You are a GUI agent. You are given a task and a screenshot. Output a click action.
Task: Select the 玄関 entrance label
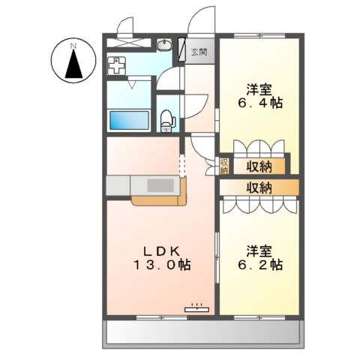[199, 52]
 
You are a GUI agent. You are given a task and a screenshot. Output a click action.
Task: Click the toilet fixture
[168, 118]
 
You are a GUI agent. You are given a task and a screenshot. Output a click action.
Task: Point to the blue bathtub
[128, 120]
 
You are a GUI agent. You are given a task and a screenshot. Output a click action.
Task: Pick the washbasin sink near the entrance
[163, 45]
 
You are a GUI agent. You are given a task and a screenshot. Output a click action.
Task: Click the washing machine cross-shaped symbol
[116, 66]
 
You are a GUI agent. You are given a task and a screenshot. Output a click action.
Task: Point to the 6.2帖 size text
[256, 265]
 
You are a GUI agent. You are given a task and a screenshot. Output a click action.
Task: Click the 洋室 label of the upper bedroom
[256, 86]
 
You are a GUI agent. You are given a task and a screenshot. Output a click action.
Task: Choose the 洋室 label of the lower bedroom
[256, 250]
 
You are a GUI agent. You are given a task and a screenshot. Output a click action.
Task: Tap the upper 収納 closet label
[257, 166]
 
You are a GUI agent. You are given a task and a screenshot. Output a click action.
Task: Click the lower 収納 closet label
[257, 187]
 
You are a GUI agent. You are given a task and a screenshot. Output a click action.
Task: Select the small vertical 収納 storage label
[223, 166]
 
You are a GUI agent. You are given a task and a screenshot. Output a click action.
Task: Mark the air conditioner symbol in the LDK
[196, 306]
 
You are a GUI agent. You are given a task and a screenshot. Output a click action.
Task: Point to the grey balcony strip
[202, 331]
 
